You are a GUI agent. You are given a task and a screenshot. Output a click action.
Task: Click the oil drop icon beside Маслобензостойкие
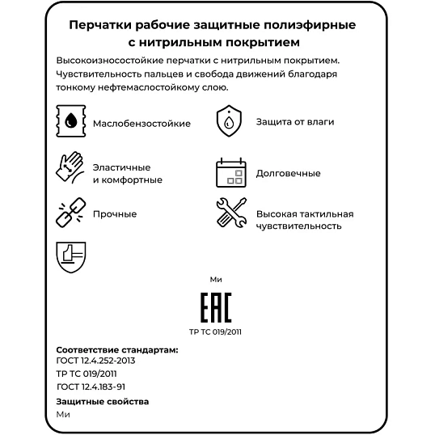[x=72, y=123]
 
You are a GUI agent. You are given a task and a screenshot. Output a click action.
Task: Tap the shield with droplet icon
[x=230, y=122]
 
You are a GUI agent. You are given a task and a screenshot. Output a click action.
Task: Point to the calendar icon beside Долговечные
[x=230, y=172]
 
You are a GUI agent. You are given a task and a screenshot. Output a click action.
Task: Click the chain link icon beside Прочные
[x=70, y=213]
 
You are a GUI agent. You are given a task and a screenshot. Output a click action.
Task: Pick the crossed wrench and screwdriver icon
[x=230, y=213]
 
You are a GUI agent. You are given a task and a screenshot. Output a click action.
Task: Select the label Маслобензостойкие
[x=141, y=123]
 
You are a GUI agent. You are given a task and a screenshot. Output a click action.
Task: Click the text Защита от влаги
[x=294, y=122]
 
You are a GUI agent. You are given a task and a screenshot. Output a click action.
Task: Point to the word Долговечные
[x=288, y=173]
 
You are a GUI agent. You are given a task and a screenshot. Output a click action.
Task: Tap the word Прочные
[x=115, y=214]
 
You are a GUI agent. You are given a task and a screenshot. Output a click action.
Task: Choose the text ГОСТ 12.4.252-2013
[x=95, y=361]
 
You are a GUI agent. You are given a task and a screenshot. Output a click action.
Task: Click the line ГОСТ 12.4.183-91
[x=91, y=386]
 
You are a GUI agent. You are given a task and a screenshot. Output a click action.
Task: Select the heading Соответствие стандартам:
[x=117, y=349]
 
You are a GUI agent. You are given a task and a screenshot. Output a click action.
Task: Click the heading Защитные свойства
[x=103, y=402]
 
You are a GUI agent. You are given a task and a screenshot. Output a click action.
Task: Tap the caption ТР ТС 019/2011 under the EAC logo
[x=215, y=332]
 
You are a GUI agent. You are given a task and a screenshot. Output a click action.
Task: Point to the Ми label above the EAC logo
[x=215, y=279]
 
